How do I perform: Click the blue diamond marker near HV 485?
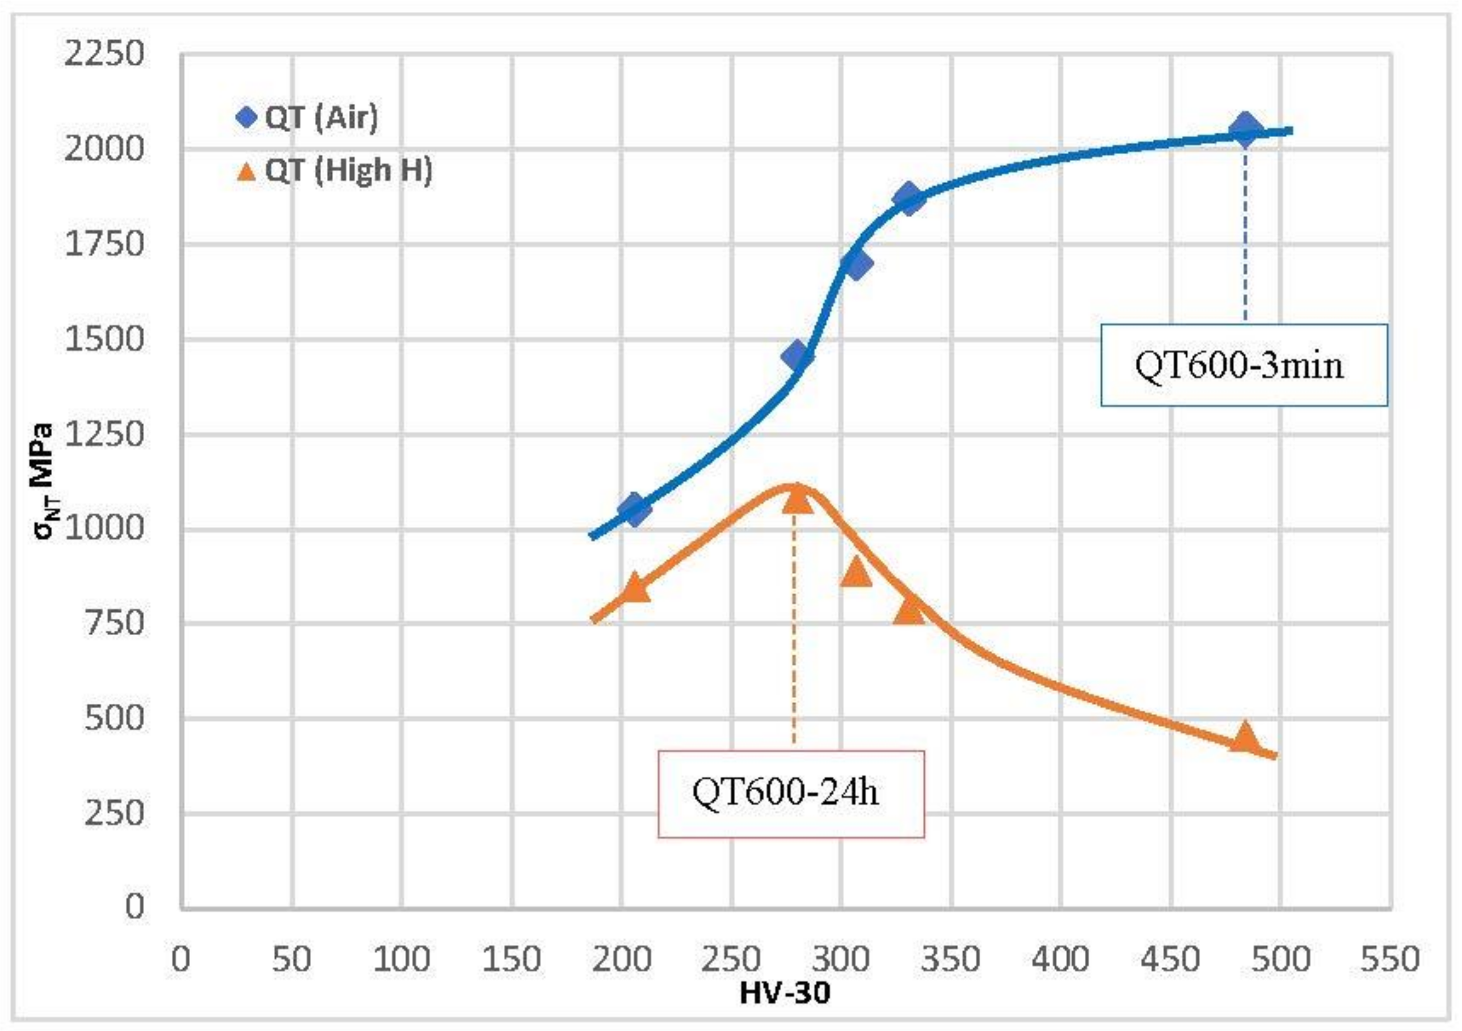pos(1245,129)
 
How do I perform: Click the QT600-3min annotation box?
pos(1244,365)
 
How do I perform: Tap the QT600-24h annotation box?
pos(790,793)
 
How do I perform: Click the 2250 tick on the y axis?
pos(104,53)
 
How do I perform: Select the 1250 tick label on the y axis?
pos(104,434)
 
